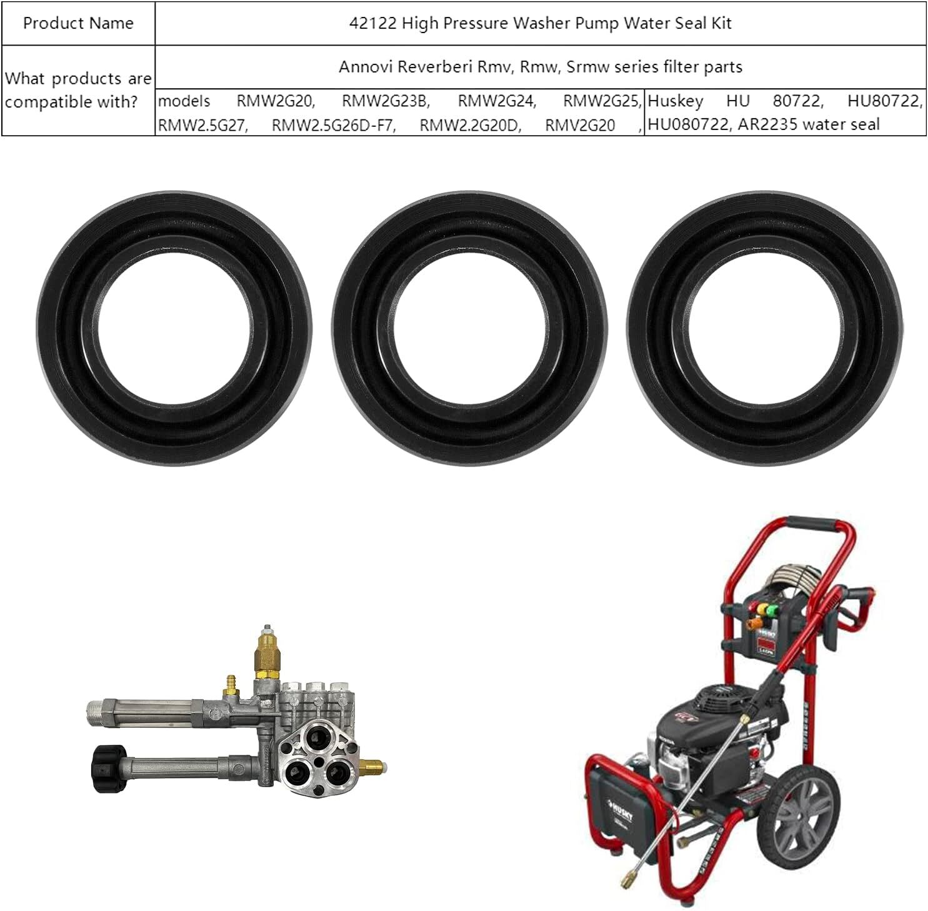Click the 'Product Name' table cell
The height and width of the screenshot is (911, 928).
point(78,23)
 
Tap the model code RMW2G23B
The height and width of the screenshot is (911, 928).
point(386,101)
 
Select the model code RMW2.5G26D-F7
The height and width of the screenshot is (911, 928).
point(334,125)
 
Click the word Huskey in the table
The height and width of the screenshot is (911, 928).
point(676,101)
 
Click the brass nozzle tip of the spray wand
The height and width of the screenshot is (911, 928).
point(624,882)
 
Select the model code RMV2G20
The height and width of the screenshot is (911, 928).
point(580,125)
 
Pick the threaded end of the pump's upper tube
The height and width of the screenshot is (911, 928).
point(94,711)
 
